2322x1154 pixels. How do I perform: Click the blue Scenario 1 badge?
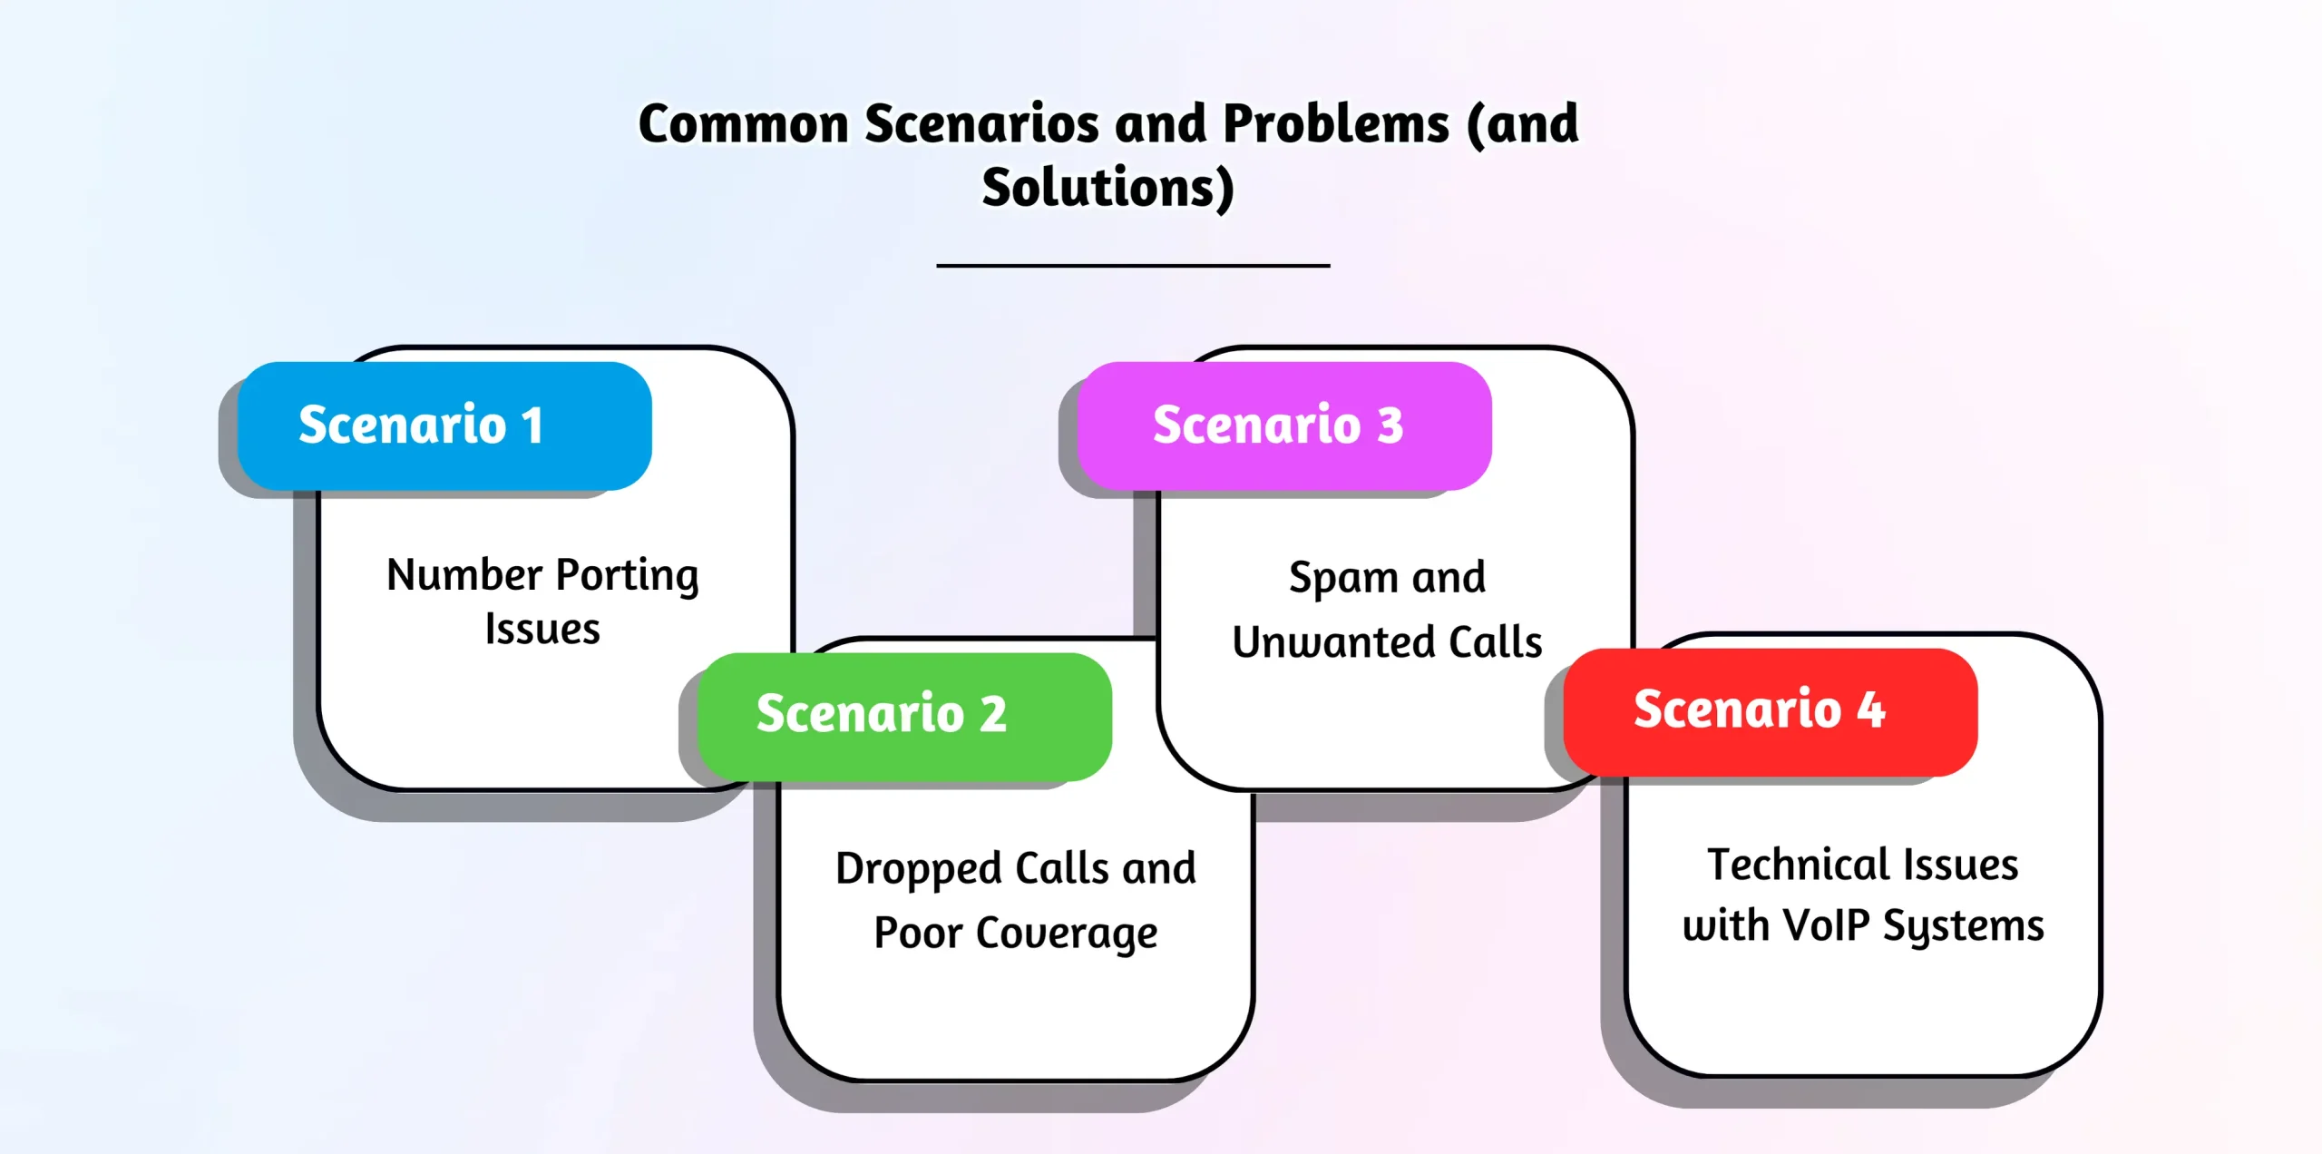(x=444, y=425)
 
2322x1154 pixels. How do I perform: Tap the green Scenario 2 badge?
(x=903, y=716)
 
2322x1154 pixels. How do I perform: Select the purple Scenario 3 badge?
(x=1283, y=425)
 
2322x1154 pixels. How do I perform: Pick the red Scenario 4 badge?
(x=1770, y=711)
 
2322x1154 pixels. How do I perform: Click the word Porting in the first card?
(x=627, y=576)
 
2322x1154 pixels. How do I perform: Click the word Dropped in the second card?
(x=918, y=870)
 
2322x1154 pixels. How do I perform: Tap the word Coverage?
(x=1067, y=934)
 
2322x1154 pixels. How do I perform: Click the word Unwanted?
(x=1333, y=642)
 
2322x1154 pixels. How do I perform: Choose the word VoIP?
(x=1826, y=926)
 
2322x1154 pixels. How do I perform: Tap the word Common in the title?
(x=744, y=124)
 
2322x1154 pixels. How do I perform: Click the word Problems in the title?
(x=1336, y=124)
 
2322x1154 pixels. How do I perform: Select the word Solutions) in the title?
(x=1108, y=189)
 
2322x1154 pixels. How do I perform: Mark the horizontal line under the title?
(x=1133, y=266)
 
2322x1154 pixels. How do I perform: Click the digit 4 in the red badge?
(x=1870, y=710)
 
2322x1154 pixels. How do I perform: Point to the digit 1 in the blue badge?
(x=532, y=425)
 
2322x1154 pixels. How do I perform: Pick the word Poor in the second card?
(x=918, y=934)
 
